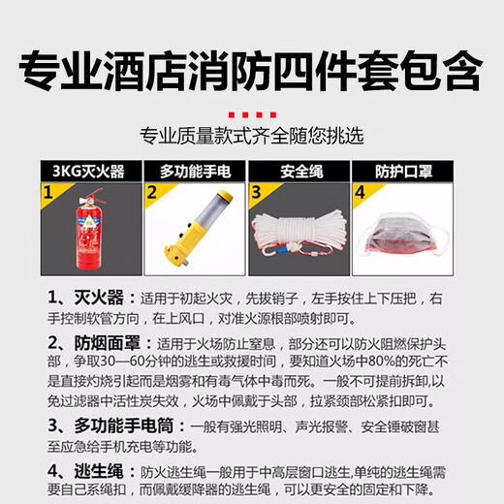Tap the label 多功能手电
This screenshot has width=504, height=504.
(194, 173)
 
